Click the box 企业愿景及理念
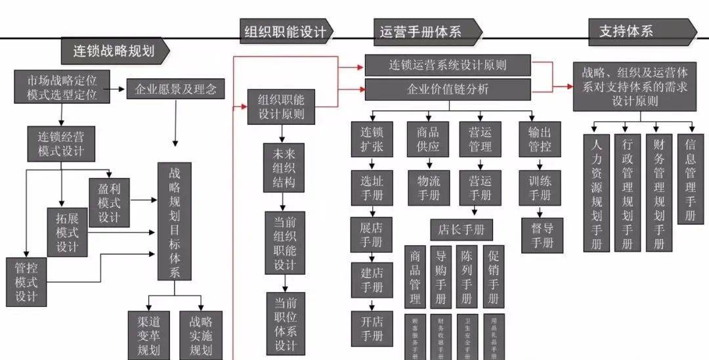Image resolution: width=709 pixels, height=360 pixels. pos(175,88)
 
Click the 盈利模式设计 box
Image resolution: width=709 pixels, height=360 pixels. pos(109,202)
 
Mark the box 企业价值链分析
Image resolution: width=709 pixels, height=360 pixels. pos(448,89)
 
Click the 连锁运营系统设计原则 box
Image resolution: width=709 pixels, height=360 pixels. pos(448,65)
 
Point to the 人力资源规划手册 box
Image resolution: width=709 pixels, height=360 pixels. pos(597,193)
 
